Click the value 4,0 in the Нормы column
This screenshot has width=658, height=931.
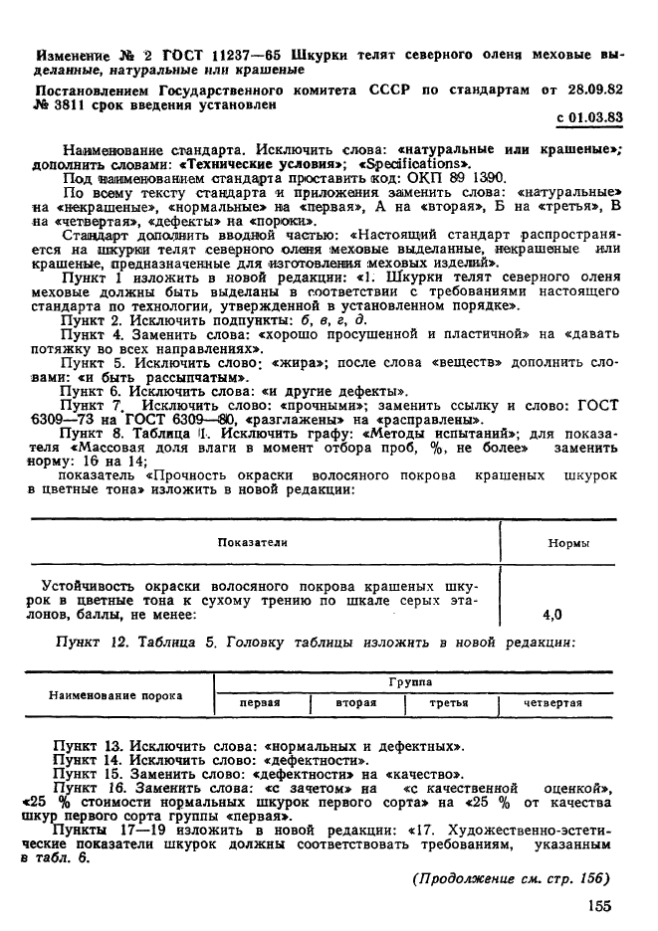pos(551,614)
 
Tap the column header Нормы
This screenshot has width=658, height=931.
pos(568,543)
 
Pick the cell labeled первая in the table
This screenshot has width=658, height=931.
pos(261,703)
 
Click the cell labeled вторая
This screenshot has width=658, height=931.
pos(355,703)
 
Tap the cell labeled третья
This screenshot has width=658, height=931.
pos(448,703)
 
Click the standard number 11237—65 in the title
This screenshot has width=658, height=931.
pos(210,54)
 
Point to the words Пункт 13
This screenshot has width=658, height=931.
pos(91,744)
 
